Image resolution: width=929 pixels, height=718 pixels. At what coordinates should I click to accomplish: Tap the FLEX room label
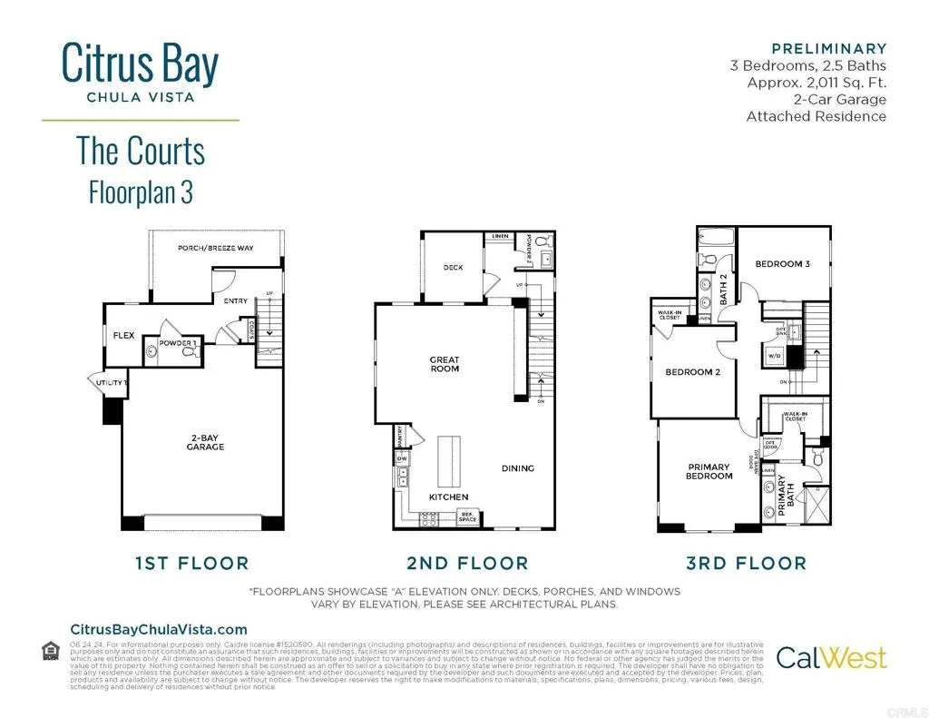(123, 336)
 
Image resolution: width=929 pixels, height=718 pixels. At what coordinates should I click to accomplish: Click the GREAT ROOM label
(445, 364)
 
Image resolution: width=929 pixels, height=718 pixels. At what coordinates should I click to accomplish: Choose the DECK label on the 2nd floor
(454, 268)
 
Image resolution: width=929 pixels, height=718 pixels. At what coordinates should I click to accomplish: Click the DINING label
(518, 468)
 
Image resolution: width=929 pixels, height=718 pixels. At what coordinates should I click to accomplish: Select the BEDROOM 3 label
(782, 264)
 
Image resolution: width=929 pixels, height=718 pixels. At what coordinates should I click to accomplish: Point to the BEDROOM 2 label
(692, 371)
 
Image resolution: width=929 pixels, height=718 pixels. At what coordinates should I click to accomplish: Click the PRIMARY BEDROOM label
(709, 472)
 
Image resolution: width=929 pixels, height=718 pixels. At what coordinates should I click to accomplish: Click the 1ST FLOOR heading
(191, 564)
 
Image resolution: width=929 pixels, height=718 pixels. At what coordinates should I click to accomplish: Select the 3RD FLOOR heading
(746, 564)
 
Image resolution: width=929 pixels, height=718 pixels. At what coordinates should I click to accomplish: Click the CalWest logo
(831, 656)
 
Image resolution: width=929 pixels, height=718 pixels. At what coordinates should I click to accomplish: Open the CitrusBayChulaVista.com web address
(159, 629)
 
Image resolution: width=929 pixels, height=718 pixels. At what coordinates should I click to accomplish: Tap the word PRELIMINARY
(828, 48)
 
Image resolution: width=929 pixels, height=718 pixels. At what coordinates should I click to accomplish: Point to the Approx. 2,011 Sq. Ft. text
(817, 83)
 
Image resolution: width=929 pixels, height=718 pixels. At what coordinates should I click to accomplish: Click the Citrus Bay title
(140, 64)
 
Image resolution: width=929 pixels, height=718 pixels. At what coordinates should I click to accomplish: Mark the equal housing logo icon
(51, 650)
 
